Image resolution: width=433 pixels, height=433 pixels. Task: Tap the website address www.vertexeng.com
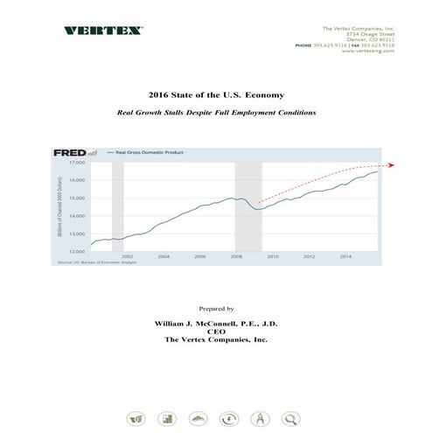[x=370, y=51]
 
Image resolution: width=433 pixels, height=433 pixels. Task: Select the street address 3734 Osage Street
[x=370, y=32]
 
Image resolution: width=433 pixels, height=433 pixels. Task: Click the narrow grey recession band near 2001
[x=117, y=206]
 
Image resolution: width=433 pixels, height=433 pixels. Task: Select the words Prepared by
[x=216, y=309]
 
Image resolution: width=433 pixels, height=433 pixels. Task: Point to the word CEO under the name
[x=216, y=332]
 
